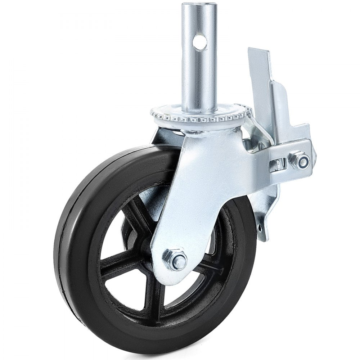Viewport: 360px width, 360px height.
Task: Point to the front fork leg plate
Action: [x=202, y=187]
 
